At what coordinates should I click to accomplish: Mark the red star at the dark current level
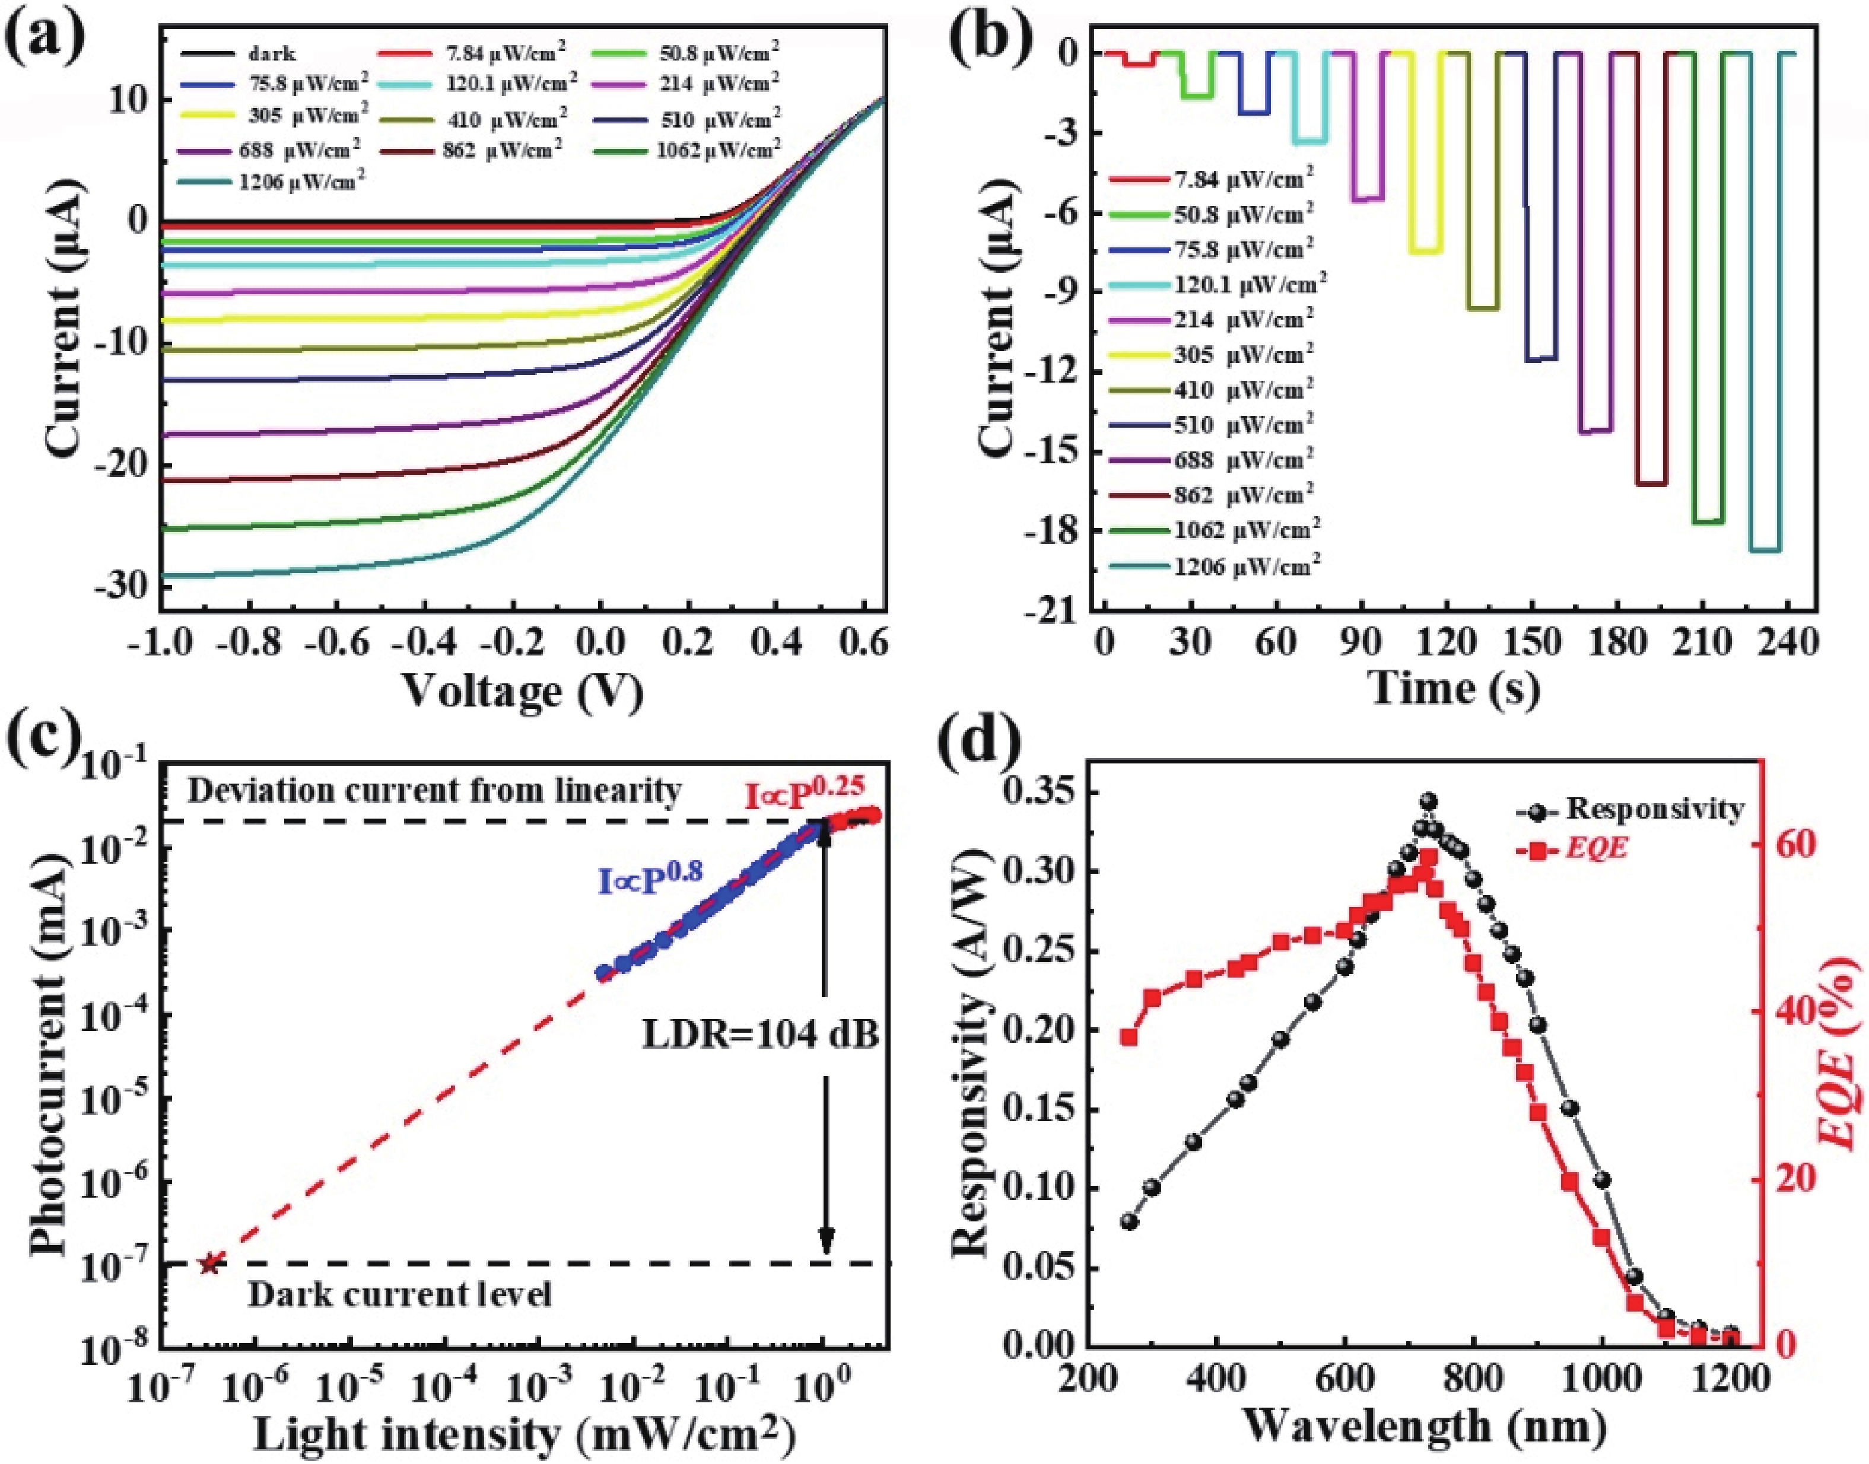click(210, 1262)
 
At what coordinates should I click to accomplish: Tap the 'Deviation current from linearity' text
click(434, 790)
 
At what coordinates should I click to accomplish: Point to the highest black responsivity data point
click(1428, 801)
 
